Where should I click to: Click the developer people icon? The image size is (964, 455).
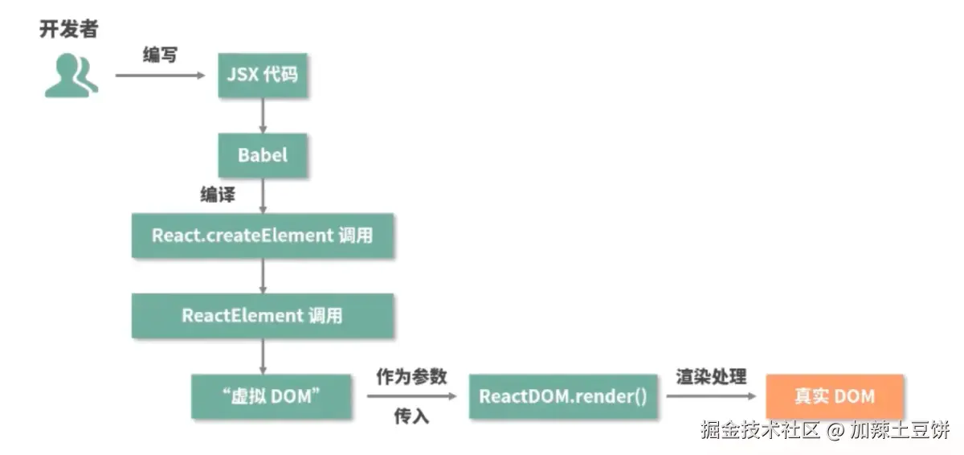pyautogui.click(x=71, y=76)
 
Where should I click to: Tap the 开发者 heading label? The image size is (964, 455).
pyautogui.click(x=68, y=30)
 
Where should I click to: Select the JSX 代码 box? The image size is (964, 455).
pyautogui.click(x=263, y=76)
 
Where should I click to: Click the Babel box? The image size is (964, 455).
pyautogui.click(x=263, y=155)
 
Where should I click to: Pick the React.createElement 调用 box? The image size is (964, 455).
pyautogui.click(x=263, y=236)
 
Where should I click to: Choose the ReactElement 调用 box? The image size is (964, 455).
pyautogui.click(x=263, y=315)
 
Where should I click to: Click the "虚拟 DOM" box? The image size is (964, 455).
pyautogui.click(x=271, y=396)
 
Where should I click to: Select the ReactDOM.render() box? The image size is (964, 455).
pyautogui.click(x=562, y=396)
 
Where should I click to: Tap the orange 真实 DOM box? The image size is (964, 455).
pyautogui.click(x=834, y=396)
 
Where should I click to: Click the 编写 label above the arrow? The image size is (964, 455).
pyautogui.click(x=160, y=55)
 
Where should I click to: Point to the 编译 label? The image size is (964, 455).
pyautogui.click(x=217, y=195)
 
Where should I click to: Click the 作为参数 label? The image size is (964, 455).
pyautogui.click(x=411, y=376)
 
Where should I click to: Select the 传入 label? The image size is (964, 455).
pyautogui.click(x=411, y=416)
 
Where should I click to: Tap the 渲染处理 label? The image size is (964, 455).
pyautogui.click(x=710, y=376)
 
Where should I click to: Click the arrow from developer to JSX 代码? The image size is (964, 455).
pyautogui.click(x=161, y=76)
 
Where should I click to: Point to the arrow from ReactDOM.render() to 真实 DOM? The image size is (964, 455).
pyautogui.click(x=710, y=396)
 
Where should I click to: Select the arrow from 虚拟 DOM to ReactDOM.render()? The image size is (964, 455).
pyautogui.click(x=411, y=396)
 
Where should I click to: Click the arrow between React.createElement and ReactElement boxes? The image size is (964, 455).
pyautogui.click(x=263, y=276)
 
